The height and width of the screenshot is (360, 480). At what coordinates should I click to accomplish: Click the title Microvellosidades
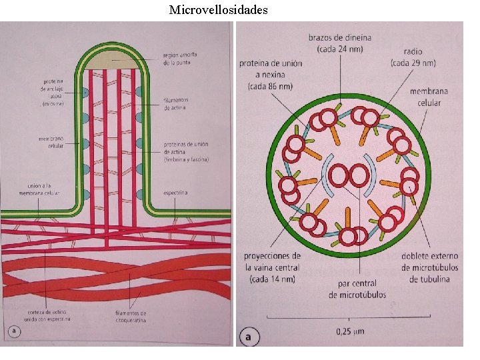tap(219, 9)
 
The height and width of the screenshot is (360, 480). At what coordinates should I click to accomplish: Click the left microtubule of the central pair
tap(339, 177)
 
